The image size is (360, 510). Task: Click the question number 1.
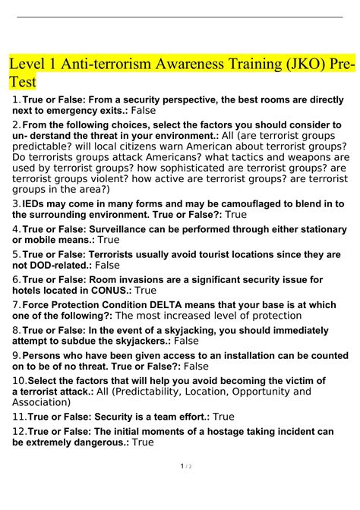(x=17, y=99)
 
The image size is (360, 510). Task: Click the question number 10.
(x=18, y=380)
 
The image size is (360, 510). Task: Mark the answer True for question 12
(x=143, y=442)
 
